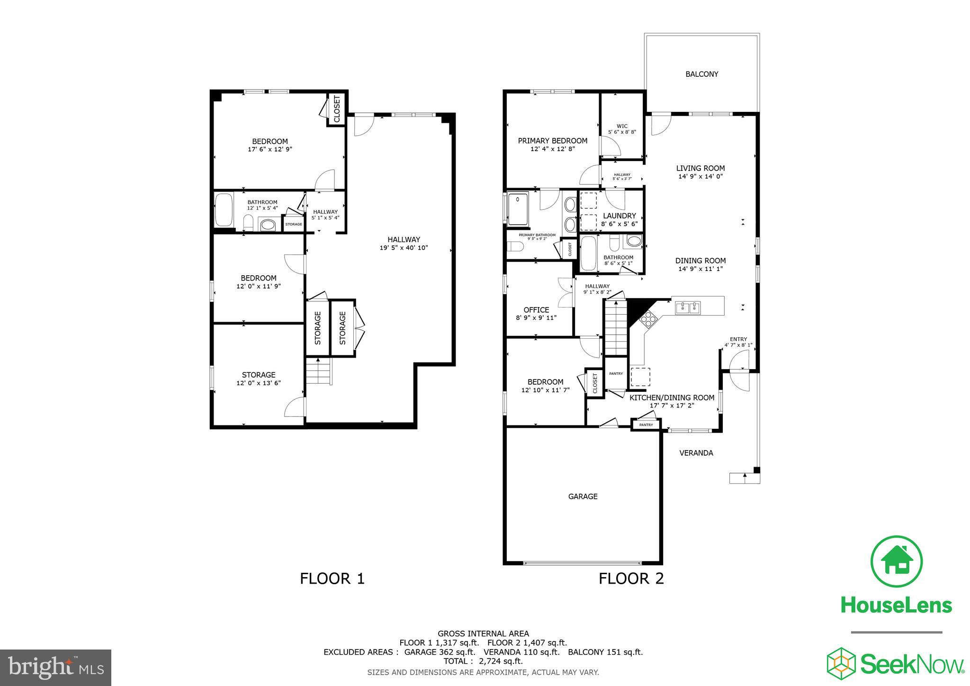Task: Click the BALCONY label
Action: (701, 74)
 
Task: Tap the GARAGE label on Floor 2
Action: (583, 496)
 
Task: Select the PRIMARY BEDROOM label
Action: (552, 141)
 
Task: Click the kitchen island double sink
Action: (688, 308)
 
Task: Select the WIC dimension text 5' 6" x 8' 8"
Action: (622, 132)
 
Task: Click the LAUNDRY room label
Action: (619, 216)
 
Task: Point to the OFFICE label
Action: (536, 310)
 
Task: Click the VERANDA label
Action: (696, 453)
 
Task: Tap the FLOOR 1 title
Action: (332, 578)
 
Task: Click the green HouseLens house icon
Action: (897, 561)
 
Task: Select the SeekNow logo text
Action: (912, 664)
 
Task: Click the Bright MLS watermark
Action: (56, 668)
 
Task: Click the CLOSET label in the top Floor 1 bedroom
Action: (337, 109)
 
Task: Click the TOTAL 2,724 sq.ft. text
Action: (483, 661)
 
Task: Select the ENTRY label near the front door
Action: (738, 339)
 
